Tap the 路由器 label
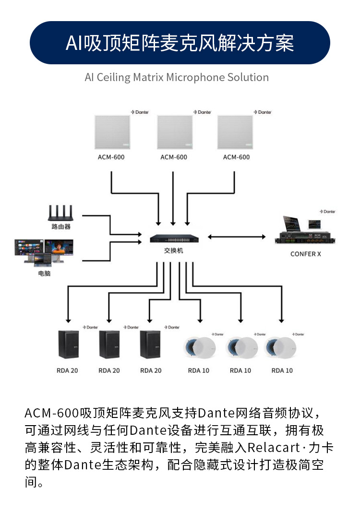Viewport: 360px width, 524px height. click(61, 226)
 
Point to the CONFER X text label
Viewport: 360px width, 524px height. click(306, 254)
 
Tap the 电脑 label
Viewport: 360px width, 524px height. click(44, 274)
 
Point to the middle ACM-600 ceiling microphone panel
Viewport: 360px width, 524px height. click(173, 133)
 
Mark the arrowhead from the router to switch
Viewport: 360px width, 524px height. click(139, 234)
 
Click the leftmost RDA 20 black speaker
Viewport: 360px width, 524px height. click(69, 345)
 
